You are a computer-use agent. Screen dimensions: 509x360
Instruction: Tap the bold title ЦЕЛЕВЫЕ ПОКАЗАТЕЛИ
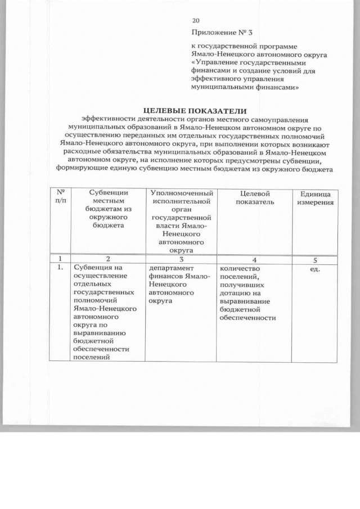195,111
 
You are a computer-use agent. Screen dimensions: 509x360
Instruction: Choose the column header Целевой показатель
251,198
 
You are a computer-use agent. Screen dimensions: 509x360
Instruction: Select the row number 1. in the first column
58,268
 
